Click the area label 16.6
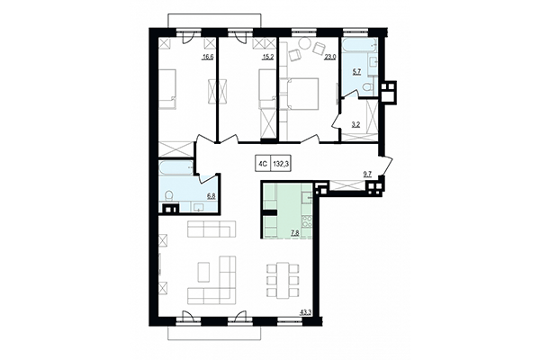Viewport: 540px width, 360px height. (208, 56)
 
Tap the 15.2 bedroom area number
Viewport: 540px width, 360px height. (266, 56)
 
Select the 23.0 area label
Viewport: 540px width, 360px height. (329, 56)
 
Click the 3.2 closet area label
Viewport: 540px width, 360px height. (355, 124)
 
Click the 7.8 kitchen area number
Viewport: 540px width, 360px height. (294, 232)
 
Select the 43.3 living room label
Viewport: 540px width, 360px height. (305, 312)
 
